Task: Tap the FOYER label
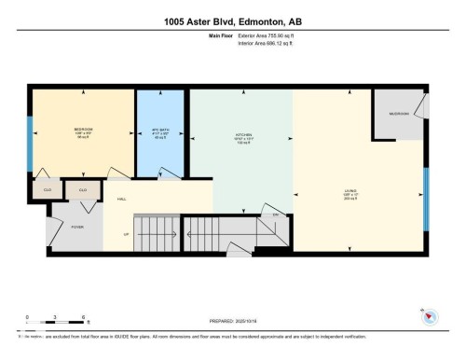click(51, 227)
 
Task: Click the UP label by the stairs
click(128, 234)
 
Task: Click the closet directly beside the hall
click(83, 189)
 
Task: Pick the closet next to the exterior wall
click(48, 189)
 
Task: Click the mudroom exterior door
click(425, 101)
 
